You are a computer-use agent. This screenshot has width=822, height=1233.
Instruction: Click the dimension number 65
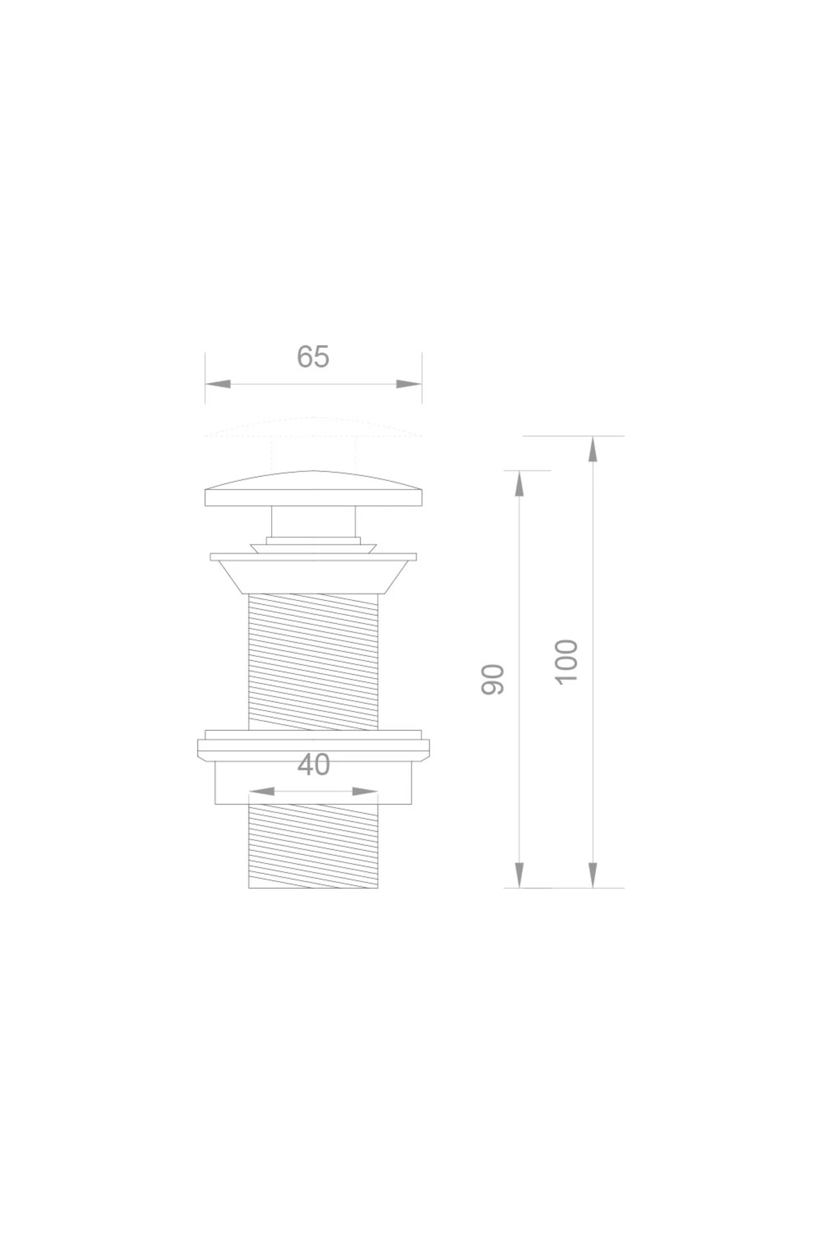[x=313, y=357]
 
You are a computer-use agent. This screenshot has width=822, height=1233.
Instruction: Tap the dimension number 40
[x=314, y=765]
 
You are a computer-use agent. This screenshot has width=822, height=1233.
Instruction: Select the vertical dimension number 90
[x=493, y=680]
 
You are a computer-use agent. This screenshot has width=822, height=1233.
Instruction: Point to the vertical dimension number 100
[x=567, y=660]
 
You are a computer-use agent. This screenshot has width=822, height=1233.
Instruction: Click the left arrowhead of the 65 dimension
[x=217, y=384]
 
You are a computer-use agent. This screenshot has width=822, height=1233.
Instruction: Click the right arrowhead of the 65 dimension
[x=410, y=384]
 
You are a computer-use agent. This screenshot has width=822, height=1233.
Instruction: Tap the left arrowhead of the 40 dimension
[x=261, y=792]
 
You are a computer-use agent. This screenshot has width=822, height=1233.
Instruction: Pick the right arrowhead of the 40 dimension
[x=365, y=792]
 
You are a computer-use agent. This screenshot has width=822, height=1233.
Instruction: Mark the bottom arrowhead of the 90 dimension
[x=519, y=875]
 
